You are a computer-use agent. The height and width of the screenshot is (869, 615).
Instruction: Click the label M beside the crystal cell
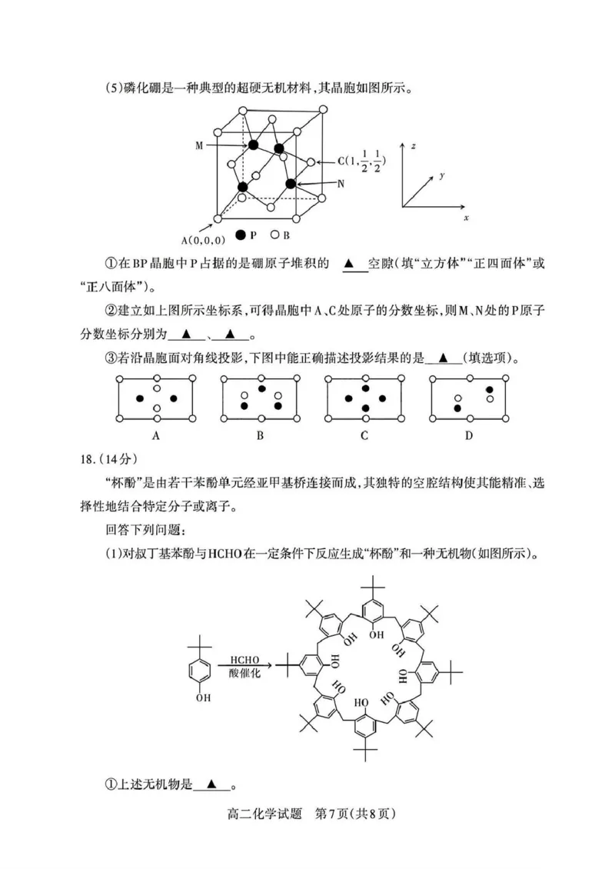click(x=200, y=143)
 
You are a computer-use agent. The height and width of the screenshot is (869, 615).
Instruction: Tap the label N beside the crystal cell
click(x=341, y=184)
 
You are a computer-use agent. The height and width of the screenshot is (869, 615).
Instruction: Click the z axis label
click(x=414, y=145)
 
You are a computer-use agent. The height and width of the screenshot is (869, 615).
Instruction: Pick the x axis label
click(x=467, y=218)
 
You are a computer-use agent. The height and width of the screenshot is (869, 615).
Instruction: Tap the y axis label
click(x=443, y=176)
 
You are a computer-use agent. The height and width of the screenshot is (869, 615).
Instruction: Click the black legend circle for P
click(x=241, y=235)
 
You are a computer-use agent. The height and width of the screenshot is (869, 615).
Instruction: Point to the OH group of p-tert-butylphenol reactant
click(x=203, y=698)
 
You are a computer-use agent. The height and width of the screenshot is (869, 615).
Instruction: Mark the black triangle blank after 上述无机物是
click(x=212, y=785)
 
